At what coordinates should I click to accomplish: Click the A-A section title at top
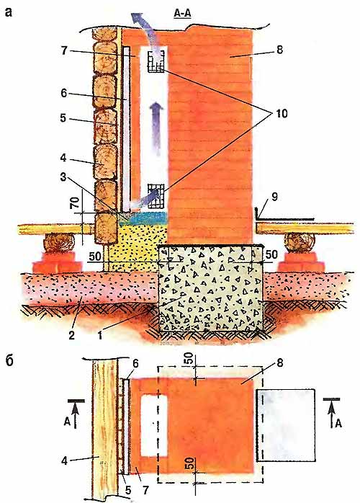pos(182,14)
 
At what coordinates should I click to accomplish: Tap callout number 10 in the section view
pos(279,113)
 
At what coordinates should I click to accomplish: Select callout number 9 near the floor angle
pos(274,197)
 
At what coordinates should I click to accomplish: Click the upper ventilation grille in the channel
pos(156,61)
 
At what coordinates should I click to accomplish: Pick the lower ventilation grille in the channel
pos(156,196)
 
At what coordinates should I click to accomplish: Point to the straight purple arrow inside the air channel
pos(157,128)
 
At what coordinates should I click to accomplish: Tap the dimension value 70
pos(76,203)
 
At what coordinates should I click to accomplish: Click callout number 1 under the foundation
pos(100,335)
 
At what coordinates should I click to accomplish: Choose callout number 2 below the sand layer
pos(71,335)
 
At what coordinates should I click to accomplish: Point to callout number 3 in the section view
pos(63,177)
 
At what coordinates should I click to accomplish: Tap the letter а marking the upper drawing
pos(9,12)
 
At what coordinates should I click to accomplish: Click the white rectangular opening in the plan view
pos(154,426)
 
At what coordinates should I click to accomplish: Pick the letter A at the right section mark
pos(338,424)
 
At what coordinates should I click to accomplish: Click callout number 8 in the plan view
pos(280,363)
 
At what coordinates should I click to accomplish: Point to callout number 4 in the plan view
pos(64,461)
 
